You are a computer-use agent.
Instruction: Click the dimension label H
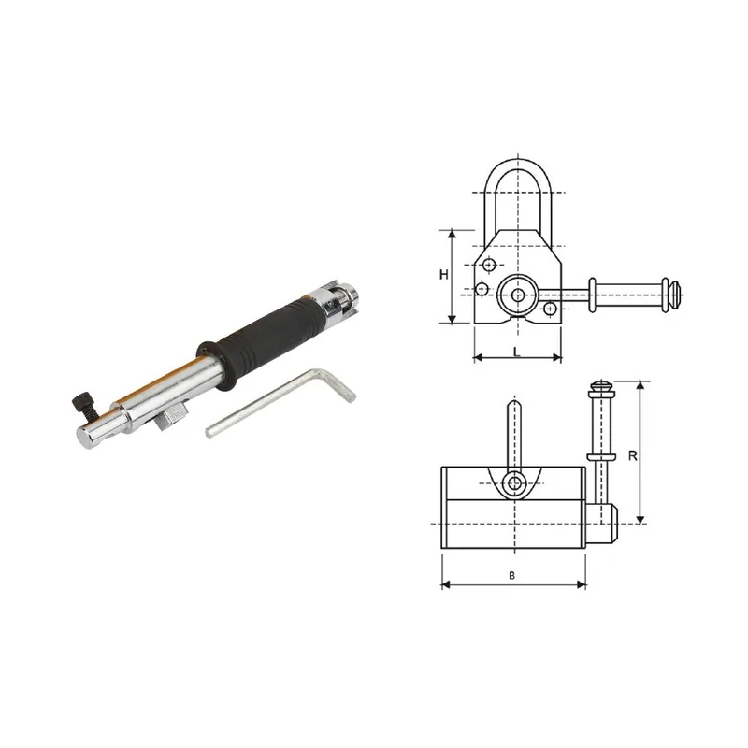443,275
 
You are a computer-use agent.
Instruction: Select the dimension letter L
517,352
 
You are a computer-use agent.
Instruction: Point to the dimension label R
633,456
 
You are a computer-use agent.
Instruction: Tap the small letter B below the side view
511,576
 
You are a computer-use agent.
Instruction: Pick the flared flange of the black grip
216,366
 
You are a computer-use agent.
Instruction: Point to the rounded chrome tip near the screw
91,438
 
